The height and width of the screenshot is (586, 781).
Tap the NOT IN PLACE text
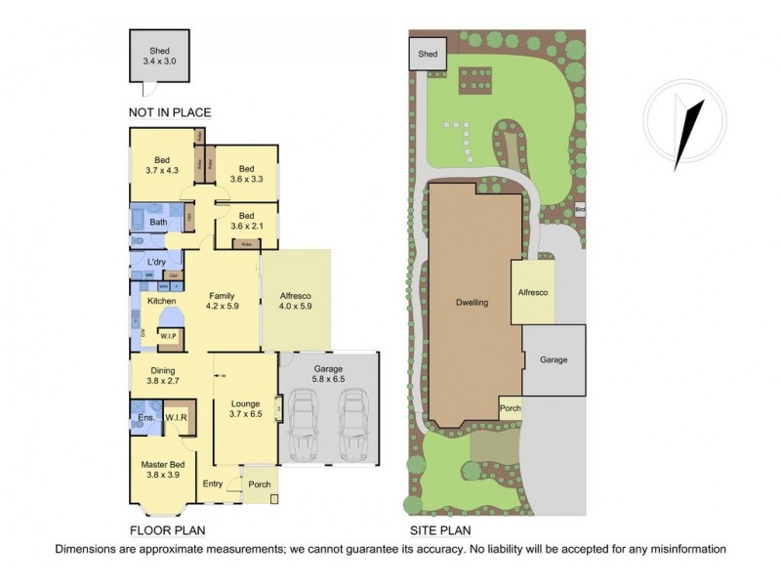pyautogui.click(x=170, y=112)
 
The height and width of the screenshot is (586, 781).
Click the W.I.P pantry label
pyautogui.click(x=167, y=337)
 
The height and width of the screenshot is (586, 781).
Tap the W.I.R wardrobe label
pyautogui.click(x=176, y=418)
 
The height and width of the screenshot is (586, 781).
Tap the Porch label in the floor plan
pyautogui.click(x=259, y=484)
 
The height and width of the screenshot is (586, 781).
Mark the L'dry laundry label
pyautogui.click(x=157, y=263)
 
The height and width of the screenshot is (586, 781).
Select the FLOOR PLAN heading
pyautogui.click(x=169, y=531)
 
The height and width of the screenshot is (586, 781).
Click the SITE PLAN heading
pyautogui.click(x=438, y=531)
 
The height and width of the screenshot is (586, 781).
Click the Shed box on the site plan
pyautogui.click(x=426, y=55)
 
